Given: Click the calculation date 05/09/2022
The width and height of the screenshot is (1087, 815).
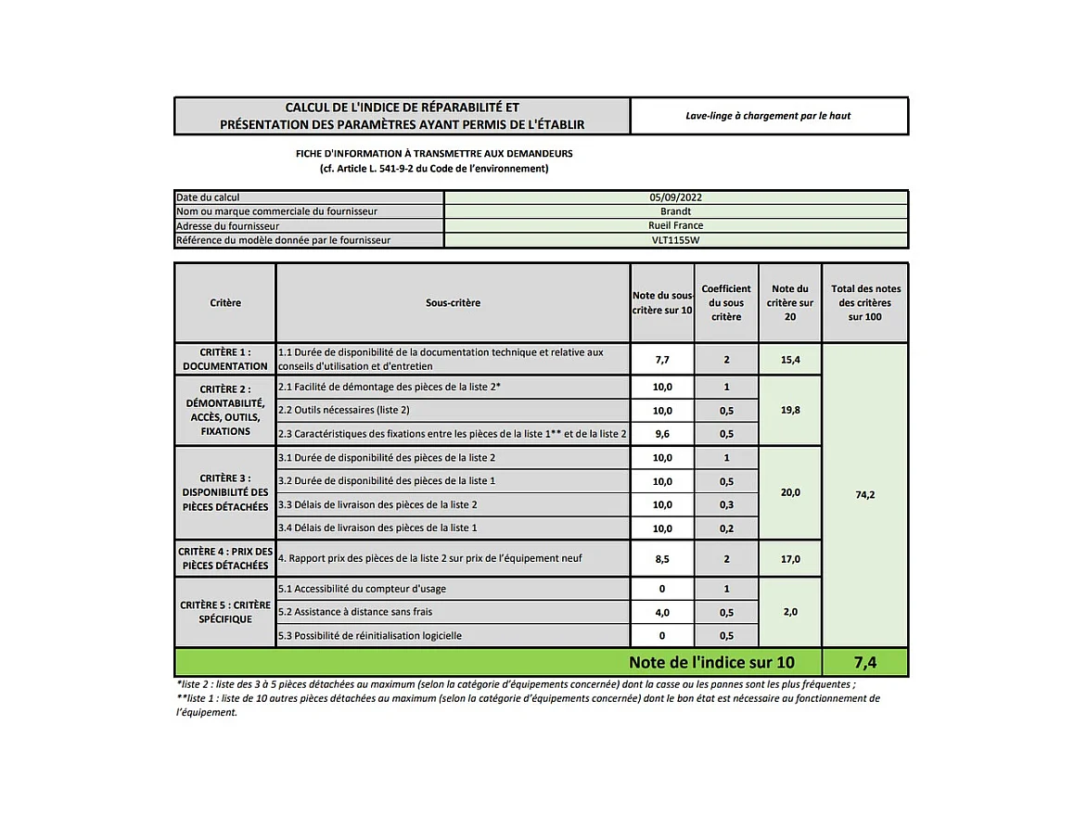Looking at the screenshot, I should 675,197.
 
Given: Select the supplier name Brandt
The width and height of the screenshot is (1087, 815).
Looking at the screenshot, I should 675,211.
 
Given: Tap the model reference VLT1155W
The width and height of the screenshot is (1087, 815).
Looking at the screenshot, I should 675,240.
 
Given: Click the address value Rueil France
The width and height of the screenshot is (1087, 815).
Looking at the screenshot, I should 675,225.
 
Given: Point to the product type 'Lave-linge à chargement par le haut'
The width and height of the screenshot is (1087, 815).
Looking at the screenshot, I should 768,116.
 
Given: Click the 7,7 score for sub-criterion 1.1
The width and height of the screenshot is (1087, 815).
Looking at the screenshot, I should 662,359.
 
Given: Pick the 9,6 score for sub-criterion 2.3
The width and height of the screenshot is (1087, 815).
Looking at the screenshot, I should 662,433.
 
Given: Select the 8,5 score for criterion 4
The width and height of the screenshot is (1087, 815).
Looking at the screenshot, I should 662,559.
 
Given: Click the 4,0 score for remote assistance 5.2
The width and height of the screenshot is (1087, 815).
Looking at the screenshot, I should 662,612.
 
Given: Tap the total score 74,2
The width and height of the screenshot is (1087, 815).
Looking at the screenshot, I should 864,495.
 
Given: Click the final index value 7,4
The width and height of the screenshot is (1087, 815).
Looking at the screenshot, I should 864,662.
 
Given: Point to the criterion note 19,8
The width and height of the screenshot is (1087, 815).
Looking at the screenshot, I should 789,409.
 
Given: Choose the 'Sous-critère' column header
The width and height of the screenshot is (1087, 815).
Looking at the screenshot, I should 453,303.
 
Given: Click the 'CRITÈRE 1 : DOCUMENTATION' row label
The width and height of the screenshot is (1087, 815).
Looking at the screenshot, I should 225,359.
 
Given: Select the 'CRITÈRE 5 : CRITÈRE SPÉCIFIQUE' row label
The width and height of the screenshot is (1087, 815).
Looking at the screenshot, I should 225,612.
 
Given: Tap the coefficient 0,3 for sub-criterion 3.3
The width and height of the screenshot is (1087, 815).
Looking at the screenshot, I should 726,504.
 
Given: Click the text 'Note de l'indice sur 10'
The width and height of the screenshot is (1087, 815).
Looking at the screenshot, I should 711,662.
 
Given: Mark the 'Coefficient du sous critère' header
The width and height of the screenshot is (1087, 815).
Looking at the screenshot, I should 726,303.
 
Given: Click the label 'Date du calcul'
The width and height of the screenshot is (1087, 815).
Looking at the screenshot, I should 208,197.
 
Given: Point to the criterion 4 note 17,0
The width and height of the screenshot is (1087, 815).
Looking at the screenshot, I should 789,559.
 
